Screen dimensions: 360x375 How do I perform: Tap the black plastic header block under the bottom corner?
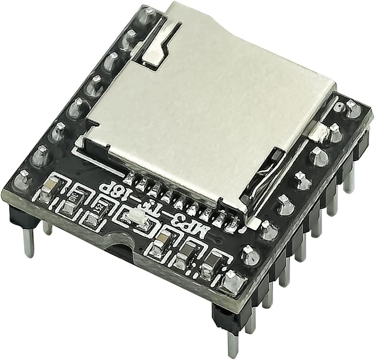point(225,315)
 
